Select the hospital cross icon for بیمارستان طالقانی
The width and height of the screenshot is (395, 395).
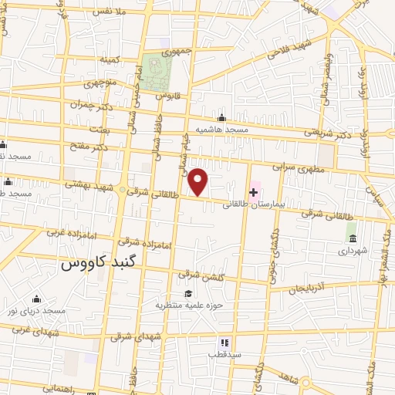(x=254, y=191)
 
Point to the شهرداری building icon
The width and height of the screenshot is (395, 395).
(x=353, y=237)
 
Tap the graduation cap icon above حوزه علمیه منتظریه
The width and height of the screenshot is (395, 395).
(x=188, y=293)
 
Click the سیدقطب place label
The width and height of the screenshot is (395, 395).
(x=225, y=354)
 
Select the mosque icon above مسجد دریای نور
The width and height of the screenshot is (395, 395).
(x=35, y=299)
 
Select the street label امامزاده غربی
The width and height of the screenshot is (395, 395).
(x=63, y=232)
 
